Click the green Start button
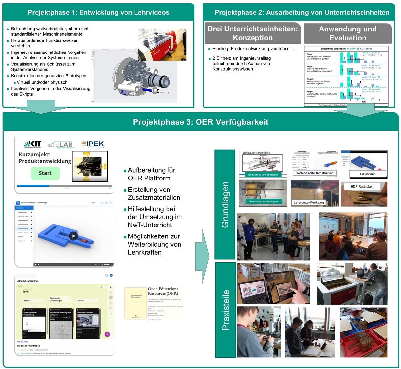[45, 173]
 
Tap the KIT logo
[33, 144]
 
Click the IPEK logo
[93, 144]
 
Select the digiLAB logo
[60, 145]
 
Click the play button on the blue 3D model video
[73, 236]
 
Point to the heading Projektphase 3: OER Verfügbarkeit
[200, 122]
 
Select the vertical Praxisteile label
[226, 310]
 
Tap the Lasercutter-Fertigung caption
[309, 202]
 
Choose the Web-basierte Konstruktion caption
[315, 173]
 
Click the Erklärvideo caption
[368, 174]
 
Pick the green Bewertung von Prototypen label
[264, 202]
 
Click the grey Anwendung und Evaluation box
[348, 33]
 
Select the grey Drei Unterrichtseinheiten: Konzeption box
[253, 33]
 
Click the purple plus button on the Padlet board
[107, 334]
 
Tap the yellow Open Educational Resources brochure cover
[135, 303]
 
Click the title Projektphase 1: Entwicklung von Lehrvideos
[98, 12]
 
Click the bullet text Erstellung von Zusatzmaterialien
[154, 193]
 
